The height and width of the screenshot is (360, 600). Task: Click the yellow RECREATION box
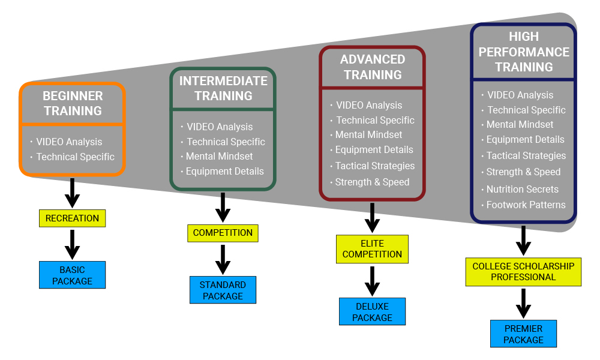(72, 218)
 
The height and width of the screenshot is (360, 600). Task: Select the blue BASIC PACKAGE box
(72, 275)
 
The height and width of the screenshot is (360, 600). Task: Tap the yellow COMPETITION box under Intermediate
(223, 233)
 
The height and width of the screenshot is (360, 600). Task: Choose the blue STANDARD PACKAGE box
(223, 290)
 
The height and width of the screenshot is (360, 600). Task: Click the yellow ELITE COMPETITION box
(372, 249)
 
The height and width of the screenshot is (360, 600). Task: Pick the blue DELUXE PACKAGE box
(372, 312)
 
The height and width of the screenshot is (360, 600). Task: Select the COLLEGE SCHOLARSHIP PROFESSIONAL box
(523, 272)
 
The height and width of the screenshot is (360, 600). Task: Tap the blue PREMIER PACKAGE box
(523, 334)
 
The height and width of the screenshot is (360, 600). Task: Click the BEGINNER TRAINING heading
(73, 103)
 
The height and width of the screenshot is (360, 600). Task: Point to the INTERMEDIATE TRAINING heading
(223, 88)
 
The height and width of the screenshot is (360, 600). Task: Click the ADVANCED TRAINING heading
(373, 67)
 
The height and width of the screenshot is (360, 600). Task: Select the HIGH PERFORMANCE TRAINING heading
(524, 52)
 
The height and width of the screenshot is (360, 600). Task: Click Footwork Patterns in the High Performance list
(526, 205)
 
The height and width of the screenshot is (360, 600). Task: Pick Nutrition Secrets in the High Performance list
(522, 189)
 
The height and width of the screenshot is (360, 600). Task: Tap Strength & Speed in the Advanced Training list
(372, 182)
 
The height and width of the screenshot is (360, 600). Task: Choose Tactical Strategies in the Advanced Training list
(374, 166)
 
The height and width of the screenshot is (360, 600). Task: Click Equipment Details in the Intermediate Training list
(224, 171)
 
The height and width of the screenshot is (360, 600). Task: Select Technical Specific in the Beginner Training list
(75, 157)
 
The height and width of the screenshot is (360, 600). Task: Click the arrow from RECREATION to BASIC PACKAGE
(72, 244)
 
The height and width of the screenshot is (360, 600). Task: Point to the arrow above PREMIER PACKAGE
(523, 304)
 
